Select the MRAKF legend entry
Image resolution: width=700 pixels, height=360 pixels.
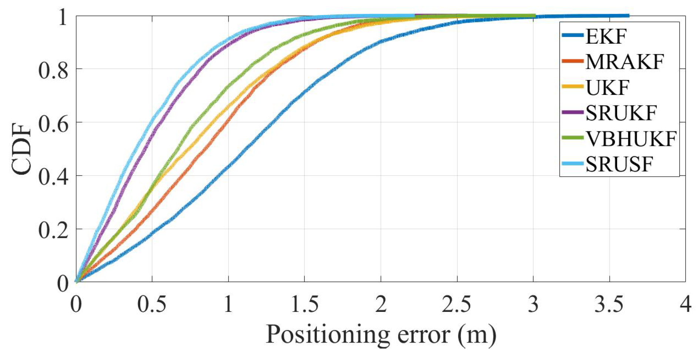pos(624,62)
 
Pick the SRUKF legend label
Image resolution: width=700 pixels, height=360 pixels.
pos(621,113)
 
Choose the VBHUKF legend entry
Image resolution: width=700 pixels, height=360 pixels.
pos(631,139)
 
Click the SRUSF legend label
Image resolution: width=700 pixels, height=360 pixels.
pos(619,164)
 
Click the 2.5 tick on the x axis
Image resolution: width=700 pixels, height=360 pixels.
pos(457,304)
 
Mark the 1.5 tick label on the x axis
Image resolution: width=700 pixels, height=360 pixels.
pos(304,304)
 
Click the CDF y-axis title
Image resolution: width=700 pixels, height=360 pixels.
pos(21,149)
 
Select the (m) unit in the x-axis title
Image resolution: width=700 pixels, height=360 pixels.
pos(477,335)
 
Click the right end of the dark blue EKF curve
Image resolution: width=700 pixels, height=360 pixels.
pos(628,16)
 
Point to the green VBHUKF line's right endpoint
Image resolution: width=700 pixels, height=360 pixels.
pos(534,16)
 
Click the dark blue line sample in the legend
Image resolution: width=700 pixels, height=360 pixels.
pos(573,36)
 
